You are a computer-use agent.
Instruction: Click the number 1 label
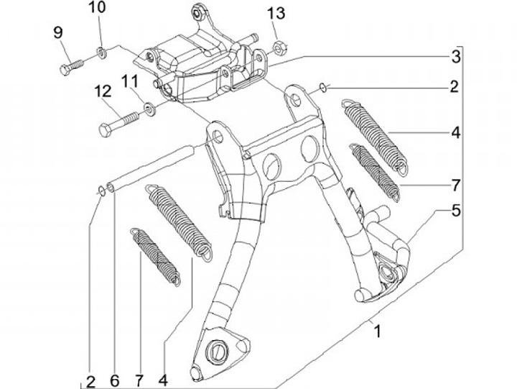click(x=376, y=331)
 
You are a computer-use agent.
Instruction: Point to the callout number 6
click(x=114, y=378)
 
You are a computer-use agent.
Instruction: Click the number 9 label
click(x=57, y=32)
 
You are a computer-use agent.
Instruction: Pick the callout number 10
click(x=98, y=9)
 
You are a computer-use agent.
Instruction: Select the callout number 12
click(x=101, y=91)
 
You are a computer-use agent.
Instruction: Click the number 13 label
click(x=276, y=12)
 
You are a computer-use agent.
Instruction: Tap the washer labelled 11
click(x=149, y=109)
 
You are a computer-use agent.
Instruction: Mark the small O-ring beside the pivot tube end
click(x=101, y=189)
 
